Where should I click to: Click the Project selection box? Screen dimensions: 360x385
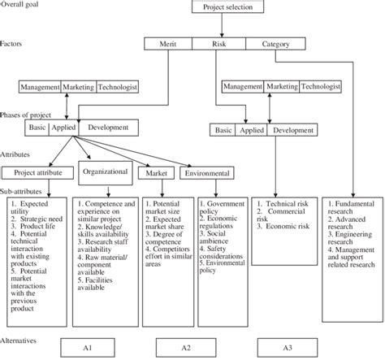coord(227,7)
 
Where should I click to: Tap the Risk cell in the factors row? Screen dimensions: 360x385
coord(219,46)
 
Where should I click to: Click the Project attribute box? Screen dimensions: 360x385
coord(36,171)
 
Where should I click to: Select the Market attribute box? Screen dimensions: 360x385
coord(156,173)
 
